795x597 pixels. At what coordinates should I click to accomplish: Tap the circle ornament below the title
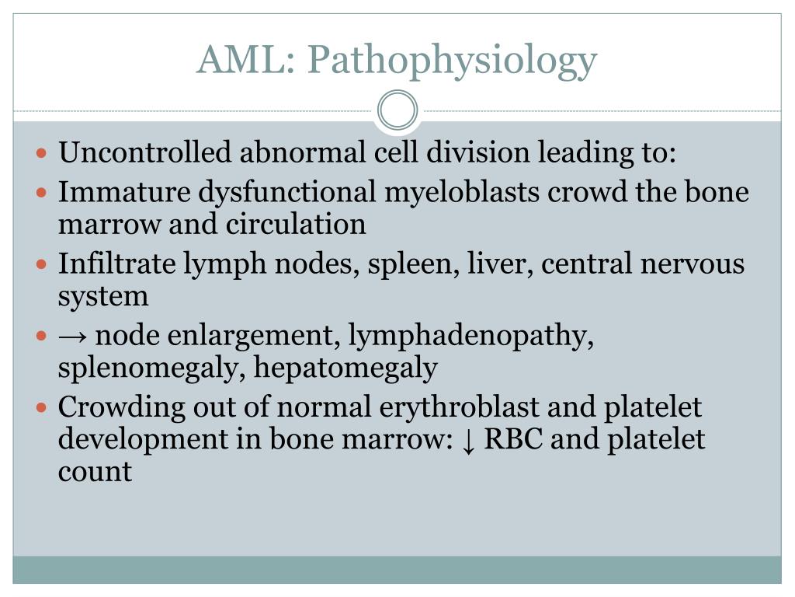(397, 110)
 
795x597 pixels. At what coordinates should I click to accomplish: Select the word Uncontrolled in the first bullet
(145, 152)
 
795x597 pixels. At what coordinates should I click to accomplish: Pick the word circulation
(296, 224)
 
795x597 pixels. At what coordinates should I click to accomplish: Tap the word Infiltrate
(117, 264)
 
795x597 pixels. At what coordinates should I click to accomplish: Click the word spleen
(428, 265)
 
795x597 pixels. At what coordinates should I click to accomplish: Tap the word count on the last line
(95, 472)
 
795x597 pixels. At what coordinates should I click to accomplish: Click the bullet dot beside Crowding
(43, 407)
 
